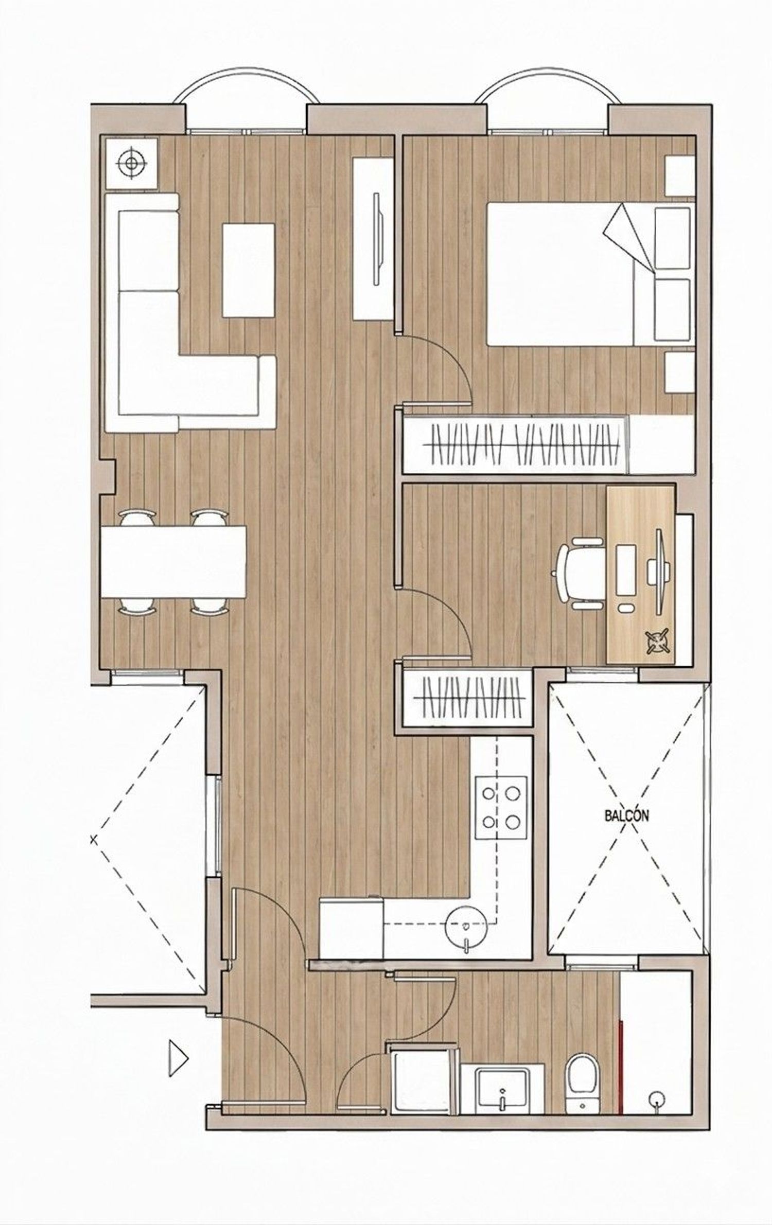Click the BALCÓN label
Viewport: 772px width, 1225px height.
point(626,815)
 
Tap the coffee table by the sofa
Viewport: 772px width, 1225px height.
point(248,270)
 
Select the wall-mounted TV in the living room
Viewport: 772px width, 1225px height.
point(378,238)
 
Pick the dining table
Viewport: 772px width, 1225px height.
point(173,561)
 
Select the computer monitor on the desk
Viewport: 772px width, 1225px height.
point(658,572)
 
